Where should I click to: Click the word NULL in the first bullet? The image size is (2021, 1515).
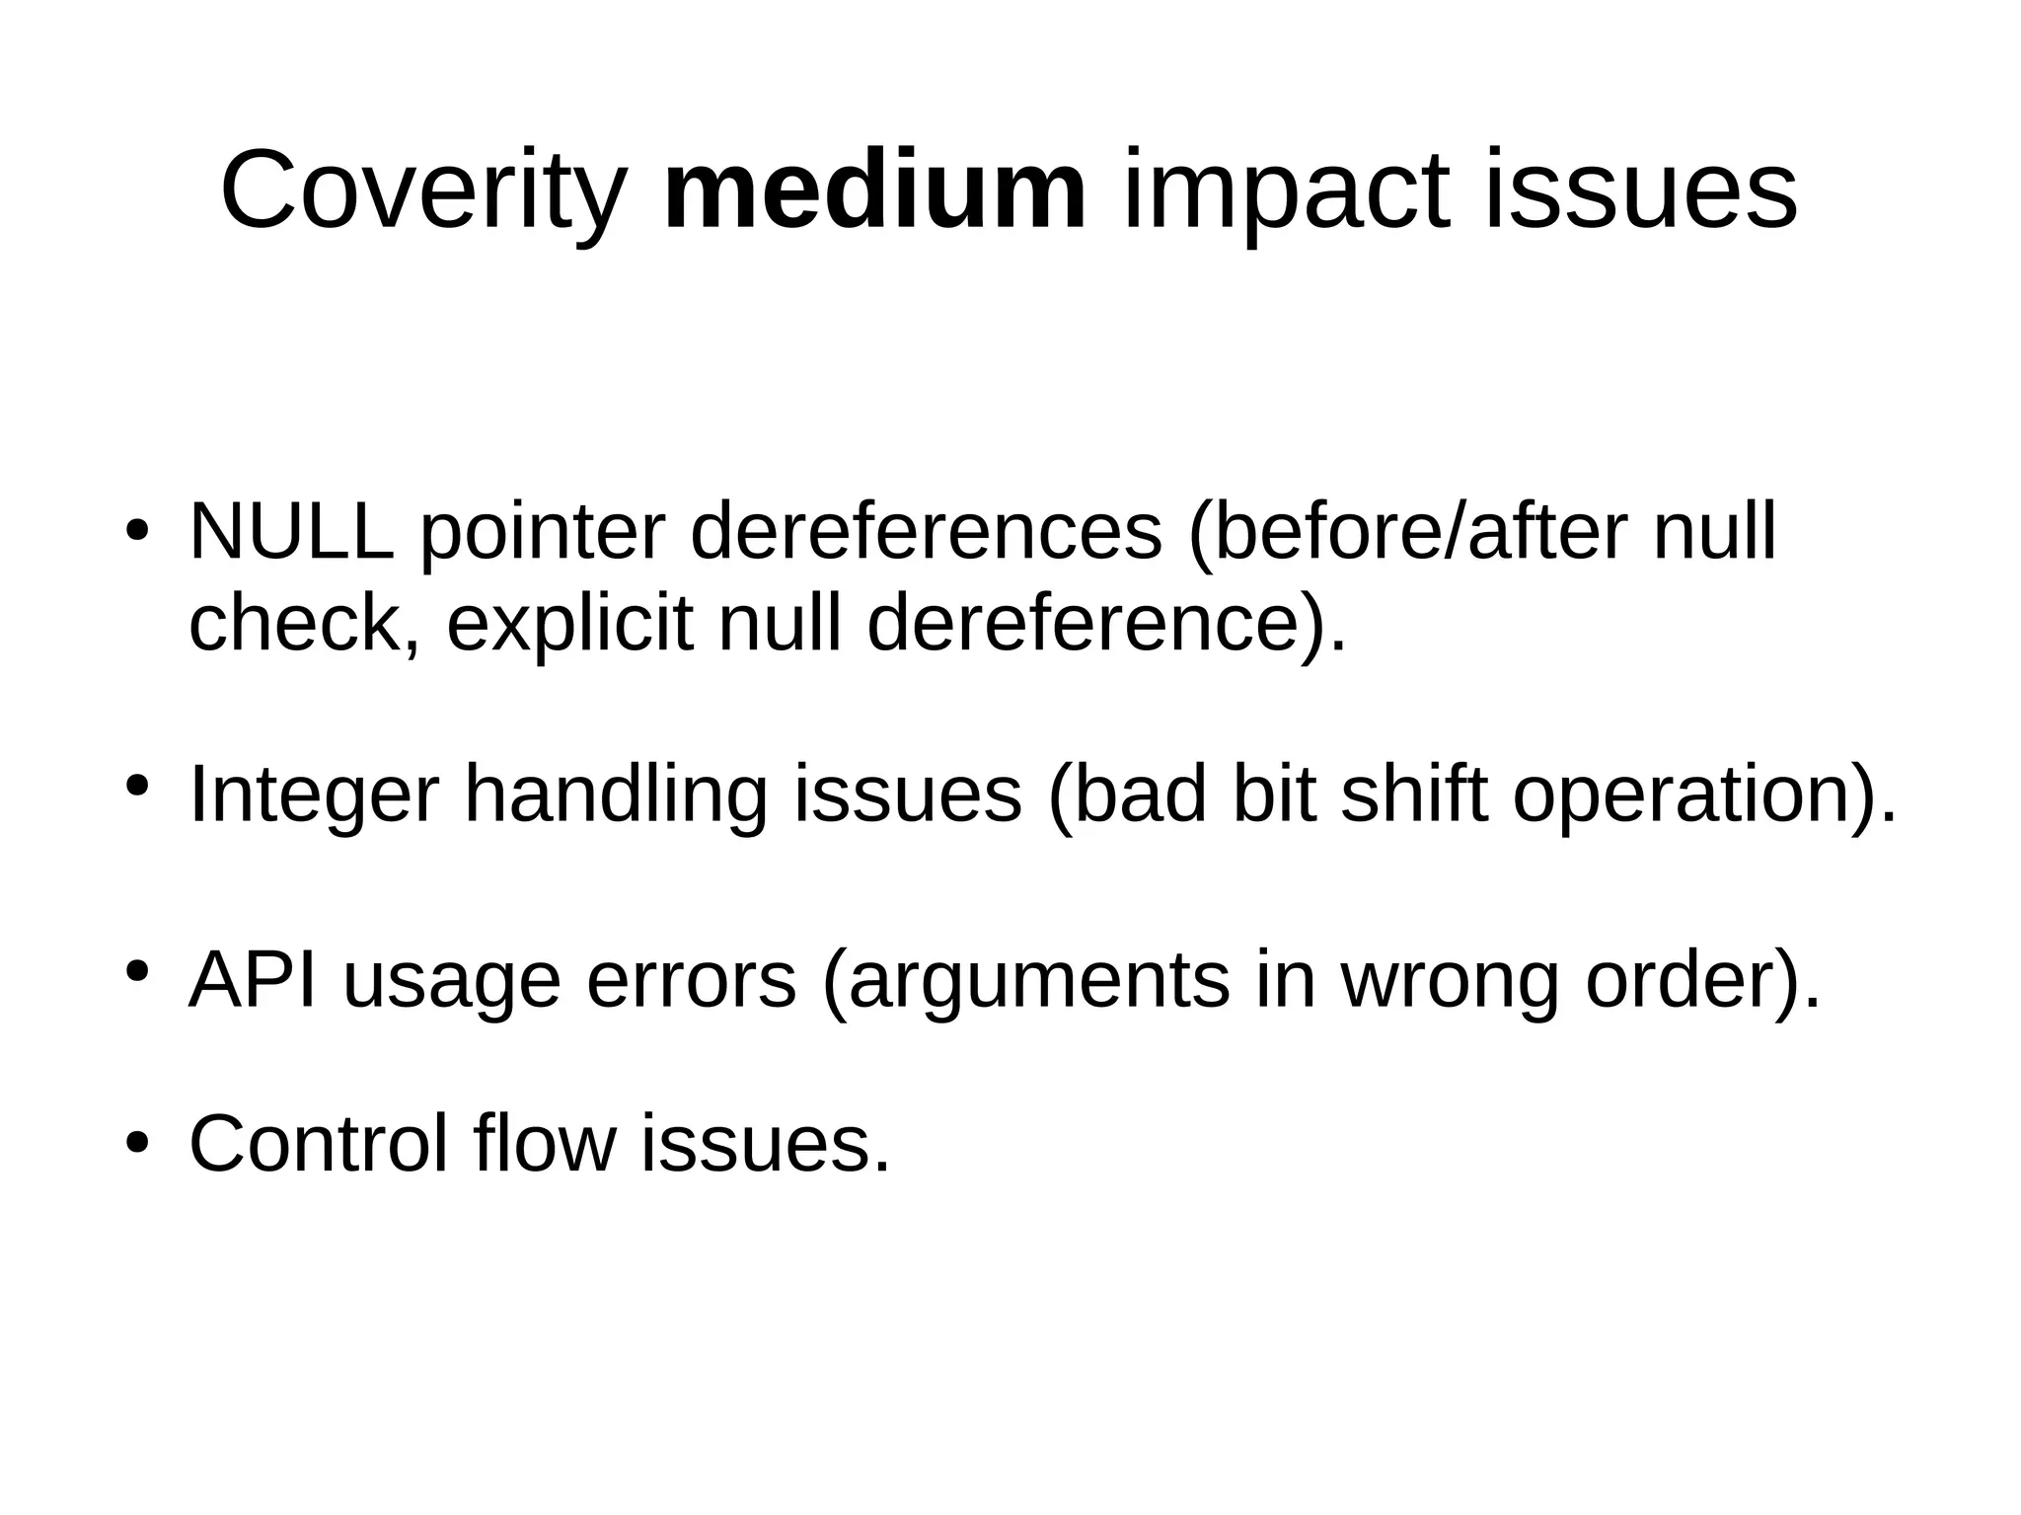(x=291, y=532)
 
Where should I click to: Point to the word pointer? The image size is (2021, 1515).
(x=542, y=534)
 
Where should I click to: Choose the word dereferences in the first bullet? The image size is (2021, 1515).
(x=926, y=532)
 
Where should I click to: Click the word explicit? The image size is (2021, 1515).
(x=569, y=625)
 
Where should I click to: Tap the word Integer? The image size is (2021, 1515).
(x=314, y=795)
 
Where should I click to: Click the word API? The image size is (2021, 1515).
(x=253, y=980)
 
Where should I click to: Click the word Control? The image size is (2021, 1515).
(x=318, y=1144)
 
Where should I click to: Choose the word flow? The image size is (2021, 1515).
(x=544, y=1144)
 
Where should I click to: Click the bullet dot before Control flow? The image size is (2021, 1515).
(x=137, y=1144)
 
